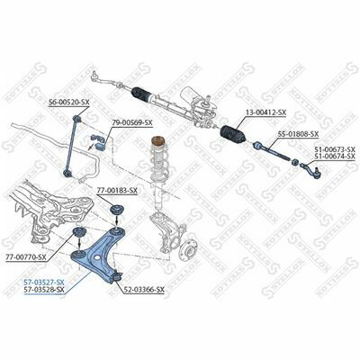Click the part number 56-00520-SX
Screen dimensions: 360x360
[69, 103]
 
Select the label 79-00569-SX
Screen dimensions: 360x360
[132, 122]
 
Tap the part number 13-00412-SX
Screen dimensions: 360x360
[266, 112]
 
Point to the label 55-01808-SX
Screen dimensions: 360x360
[298, 134]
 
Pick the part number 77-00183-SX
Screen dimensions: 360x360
[117, 190]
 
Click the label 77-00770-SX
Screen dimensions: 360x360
[26, 257]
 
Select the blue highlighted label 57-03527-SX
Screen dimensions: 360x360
[44, 282]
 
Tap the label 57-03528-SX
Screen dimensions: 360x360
[44, 290]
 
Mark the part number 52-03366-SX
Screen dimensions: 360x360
[144, 290]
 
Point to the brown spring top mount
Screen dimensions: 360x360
[157, 141]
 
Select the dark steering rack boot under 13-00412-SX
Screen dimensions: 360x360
[233, 134]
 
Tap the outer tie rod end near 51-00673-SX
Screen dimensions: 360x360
[311, 170]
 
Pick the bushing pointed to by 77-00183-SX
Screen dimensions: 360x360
[116, 210]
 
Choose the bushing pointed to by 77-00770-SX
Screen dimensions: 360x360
[79, 232]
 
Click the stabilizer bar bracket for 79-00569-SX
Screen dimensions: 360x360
[98, 142]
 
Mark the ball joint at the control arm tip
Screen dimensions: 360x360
[117, 276]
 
